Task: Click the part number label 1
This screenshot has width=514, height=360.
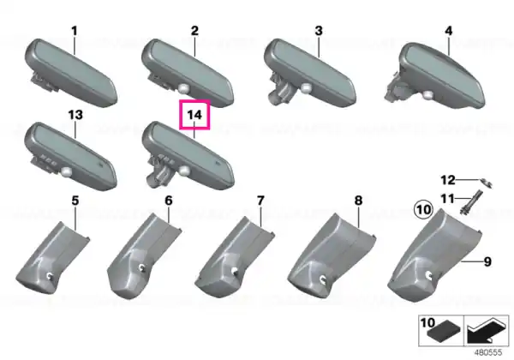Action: [75, 31]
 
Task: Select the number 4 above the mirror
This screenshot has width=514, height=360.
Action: [448, 31]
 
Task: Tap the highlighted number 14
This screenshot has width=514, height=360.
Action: [194, 115]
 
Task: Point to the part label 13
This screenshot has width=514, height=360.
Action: [75, 115]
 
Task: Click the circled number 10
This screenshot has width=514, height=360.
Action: [423, 209]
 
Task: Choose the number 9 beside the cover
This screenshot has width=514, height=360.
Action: [487, 261]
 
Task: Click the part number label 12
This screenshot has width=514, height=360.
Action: [448, 180]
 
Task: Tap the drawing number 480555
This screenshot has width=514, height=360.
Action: [488, 352]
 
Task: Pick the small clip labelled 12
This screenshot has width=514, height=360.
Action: [487, 183]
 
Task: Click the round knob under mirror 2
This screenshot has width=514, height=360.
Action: [183, 87]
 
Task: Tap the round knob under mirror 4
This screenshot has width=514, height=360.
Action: [427, 95]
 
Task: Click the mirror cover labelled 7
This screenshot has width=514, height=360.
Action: [235, 258]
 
